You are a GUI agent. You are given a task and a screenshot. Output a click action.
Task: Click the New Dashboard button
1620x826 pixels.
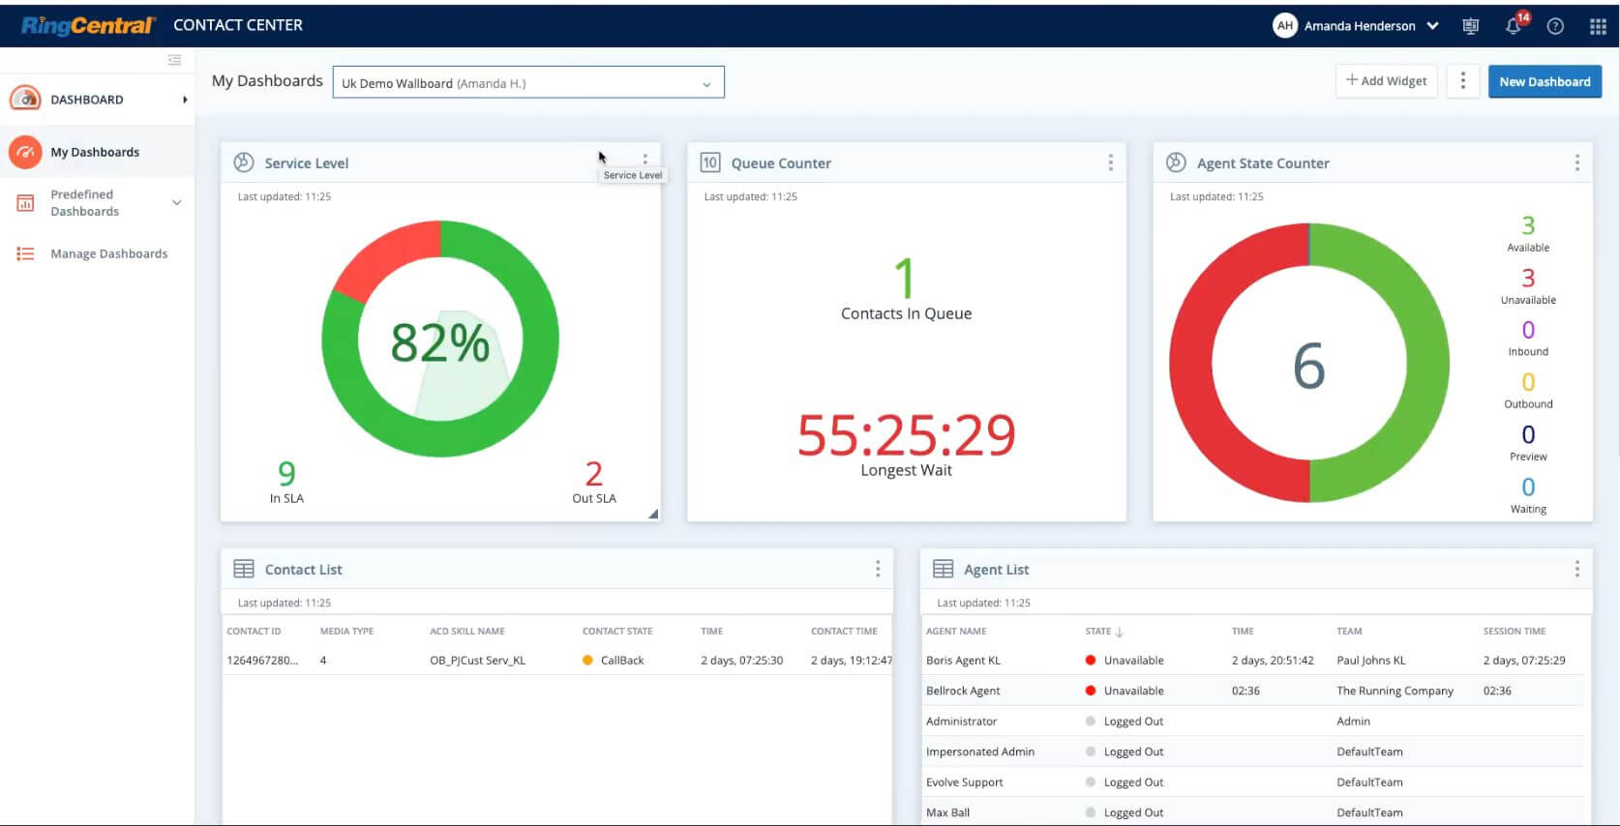[x=1545, y=82]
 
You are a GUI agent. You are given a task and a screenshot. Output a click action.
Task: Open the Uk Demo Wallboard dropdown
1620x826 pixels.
[x=527, y=83]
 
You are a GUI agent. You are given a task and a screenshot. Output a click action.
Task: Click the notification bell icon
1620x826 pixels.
[x=1513, y=26]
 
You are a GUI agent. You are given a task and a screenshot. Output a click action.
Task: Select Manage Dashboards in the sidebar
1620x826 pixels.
[x=108, y=254]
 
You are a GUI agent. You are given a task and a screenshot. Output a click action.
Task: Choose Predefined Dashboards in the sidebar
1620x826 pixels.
[x=85, y=203]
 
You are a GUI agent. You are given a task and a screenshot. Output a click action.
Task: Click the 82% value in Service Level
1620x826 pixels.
[x=440, y=343]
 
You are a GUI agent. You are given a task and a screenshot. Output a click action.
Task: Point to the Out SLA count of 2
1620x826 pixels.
[x=593, y=474]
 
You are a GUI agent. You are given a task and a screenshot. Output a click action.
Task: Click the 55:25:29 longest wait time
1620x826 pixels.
[x=906, y=436]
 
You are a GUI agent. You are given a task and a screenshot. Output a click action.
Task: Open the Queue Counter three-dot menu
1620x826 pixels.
[x=1110, y=163]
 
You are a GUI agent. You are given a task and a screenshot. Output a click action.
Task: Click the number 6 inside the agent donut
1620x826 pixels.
[x=1308, y=367]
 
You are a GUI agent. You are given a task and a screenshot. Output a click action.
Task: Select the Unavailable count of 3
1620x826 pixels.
[x=1528, y=279]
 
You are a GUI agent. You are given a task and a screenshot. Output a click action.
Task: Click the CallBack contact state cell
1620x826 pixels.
[x=621, y=661]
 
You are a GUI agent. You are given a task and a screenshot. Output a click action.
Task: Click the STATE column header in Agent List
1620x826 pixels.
[x=1098, y=632]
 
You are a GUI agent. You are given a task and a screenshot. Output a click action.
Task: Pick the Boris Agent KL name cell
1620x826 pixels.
[x=963, y=661]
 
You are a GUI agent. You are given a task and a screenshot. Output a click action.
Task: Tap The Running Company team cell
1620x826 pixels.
[x=1395, y=692]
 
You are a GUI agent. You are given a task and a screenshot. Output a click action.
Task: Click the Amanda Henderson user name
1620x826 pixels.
[x=1359, y=26]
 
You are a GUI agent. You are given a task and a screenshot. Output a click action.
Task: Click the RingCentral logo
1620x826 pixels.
[x=87, y=25]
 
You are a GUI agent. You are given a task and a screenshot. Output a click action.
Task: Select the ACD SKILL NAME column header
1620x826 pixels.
[x=467, y=632]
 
